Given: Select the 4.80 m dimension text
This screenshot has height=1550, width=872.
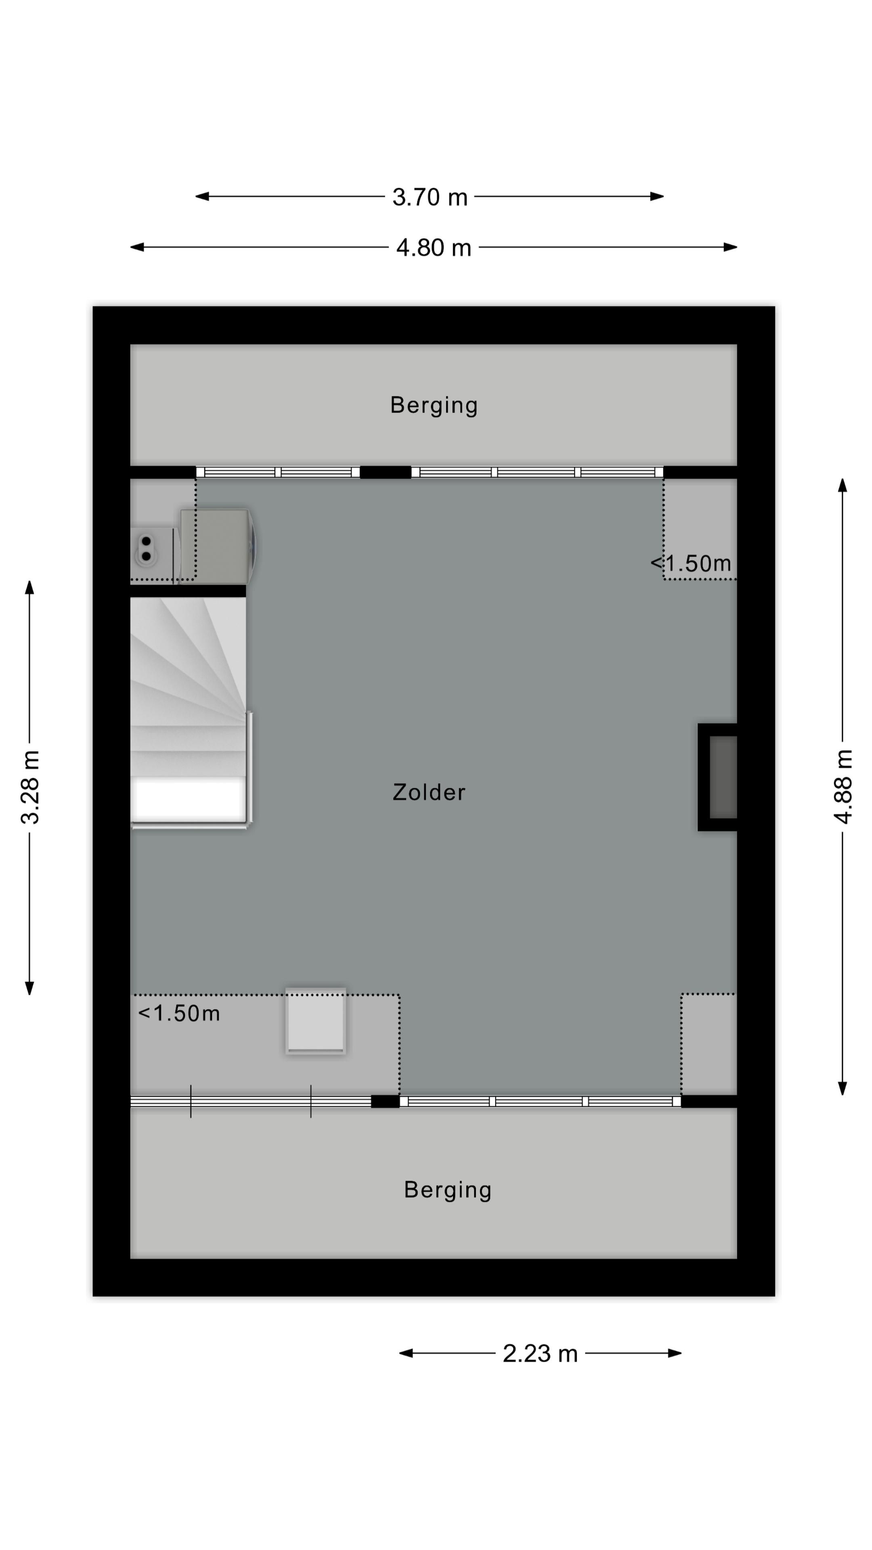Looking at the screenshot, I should [433, 248].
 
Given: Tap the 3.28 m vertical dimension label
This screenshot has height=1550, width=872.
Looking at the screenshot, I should [30, 786].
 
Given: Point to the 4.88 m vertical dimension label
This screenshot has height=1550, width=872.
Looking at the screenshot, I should [843, 786].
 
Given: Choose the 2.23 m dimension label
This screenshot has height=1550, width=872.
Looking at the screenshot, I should [540, 1354].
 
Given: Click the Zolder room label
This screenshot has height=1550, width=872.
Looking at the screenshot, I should [429, 792].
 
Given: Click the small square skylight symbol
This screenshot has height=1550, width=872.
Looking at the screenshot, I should [315, 1021].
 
